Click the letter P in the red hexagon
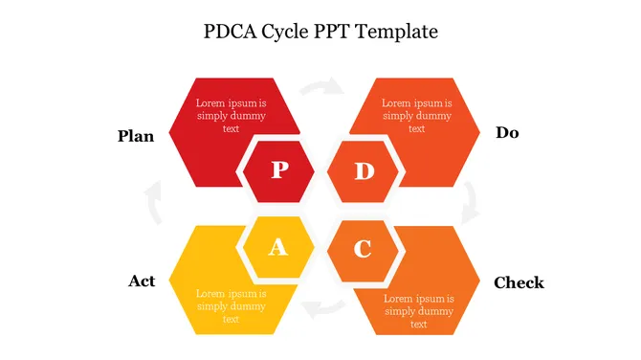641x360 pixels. coord(280,169)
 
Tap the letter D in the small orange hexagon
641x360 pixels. coord(365,171)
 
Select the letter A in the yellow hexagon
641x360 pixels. coord(278,247)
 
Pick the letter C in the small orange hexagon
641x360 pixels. coord(363,249)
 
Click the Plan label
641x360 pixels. coord(136,136)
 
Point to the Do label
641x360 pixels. coord(507,132)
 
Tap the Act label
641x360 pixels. coord(142,281)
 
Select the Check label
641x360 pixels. coord(519,282)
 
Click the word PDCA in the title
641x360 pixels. coord(231,32)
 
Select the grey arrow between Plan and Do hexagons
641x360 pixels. coord(322,85)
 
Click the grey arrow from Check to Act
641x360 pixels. coord(323,308)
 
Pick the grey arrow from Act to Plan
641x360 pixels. coord(155,202)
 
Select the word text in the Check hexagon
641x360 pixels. coord(419,325)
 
